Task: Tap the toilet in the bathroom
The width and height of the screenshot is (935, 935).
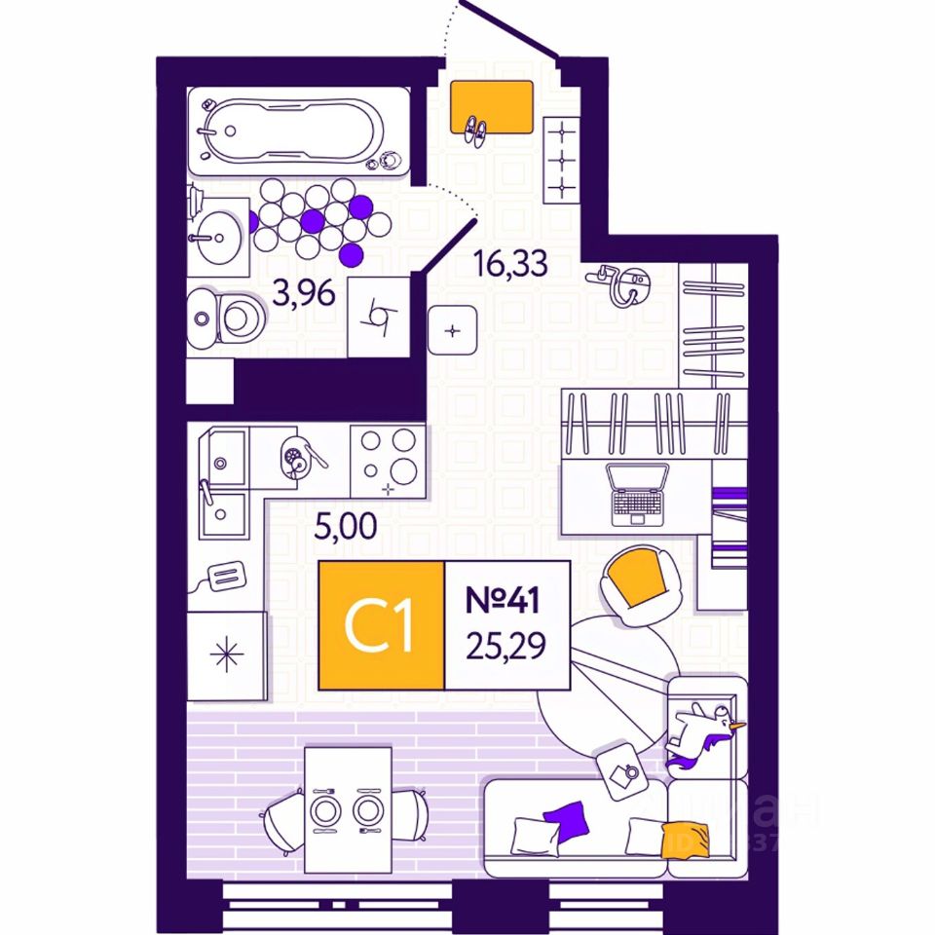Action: click(x=226, y=317)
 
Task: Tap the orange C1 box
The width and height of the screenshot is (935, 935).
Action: click(x=382, y=625)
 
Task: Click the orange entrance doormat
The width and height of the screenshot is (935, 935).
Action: click(x=492, y=106)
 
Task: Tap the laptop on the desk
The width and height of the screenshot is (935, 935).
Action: click(x=638, y=491)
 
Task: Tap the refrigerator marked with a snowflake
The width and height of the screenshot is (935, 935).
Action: click(x=227, y=654)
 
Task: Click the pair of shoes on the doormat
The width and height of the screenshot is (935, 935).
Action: click(x=476, y=130)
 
